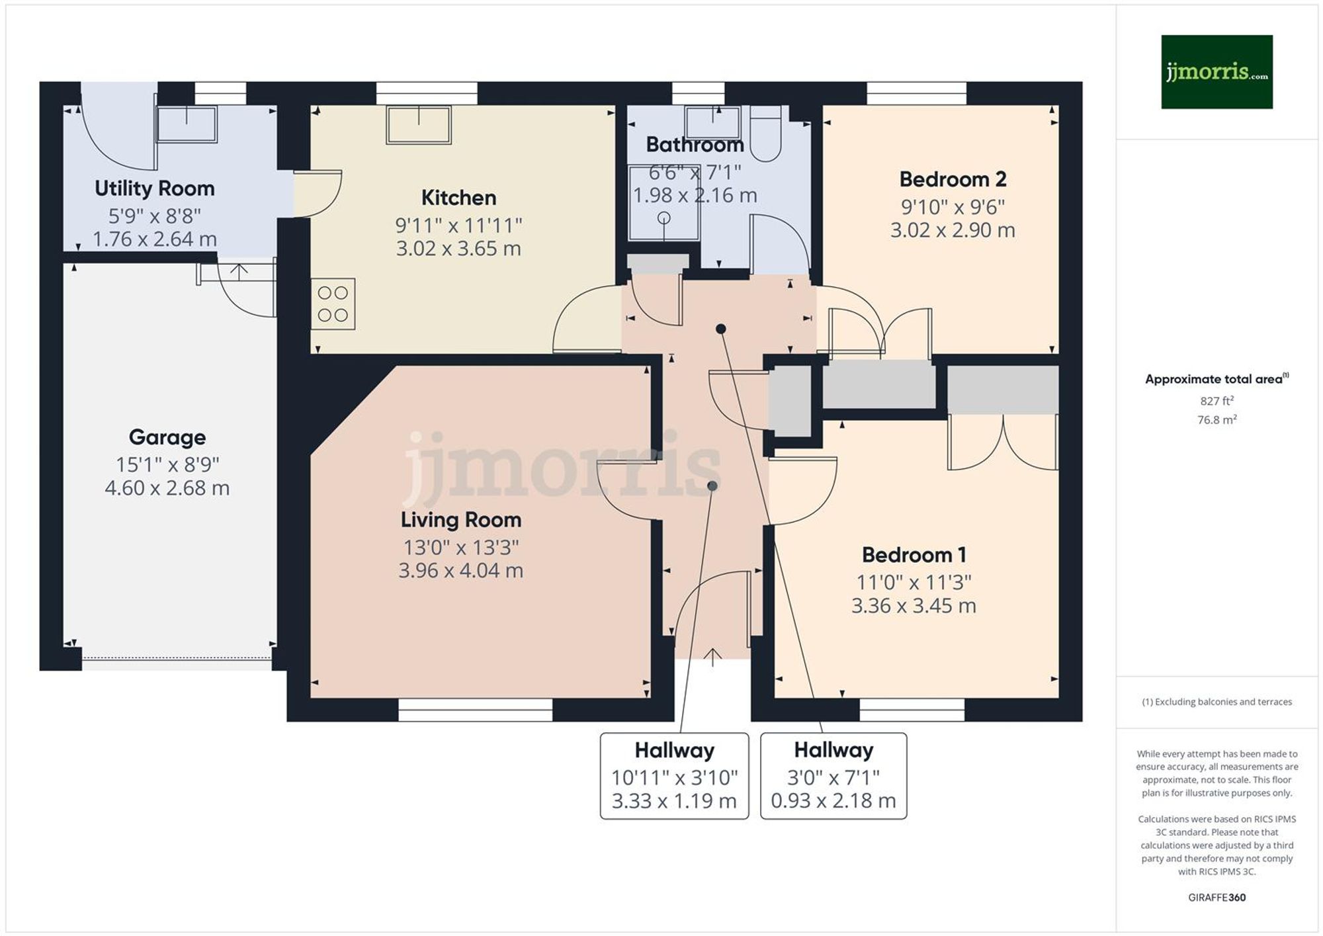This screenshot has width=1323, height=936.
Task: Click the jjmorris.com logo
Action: (x=1216, y=71)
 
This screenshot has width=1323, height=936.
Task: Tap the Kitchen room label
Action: (x=458, y=198)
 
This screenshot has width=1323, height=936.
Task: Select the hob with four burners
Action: (x=333, y=304)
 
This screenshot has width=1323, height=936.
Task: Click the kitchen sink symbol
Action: (x=418, y=124)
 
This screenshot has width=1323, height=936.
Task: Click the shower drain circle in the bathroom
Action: (x=664, y=218)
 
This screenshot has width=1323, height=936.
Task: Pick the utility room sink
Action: (x=187, y=124)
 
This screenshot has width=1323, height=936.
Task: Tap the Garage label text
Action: (x=167, y=437)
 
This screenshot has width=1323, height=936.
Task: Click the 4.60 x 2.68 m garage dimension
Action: (x=167, y=488)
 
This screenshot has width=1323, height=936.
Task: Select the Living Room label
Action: (x=461, y=520)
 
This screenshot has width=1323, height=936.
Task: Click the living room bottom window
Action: (x=475, y=710)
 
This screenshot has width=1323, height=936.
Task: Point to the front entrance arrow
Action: (x=712, y=658)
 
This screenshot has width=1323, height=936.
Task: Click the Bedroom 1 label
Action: (x=914, y=555)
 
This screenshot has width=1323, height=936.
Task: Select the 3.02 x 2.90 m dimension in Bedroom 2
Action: (x=953, y=230)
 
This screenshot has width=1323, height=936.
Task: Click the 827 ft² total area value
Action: (x=1216, y=401)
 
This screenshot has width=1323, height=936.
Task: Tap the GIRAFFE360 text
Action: (x=1216, y=898)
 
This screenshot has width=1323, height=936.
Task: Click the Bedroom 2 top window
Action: (x=916, y=93)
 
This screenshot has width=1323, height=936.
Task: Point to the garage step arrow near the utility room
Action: (x=239, y=271)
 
